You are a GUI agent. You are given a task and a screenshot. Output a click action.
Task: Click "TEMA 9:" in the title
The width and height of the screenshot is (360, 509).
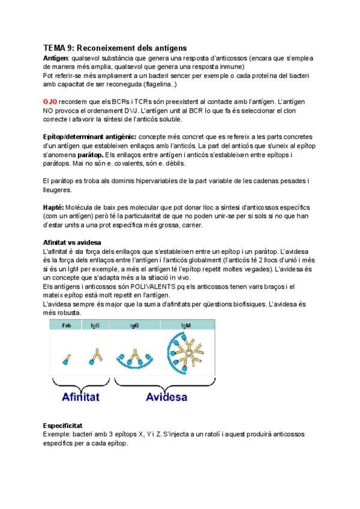click(x=59, y=47)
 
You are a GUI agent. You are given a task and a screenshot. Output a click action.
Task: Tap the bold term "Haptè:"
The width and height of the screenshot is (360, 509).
click(x=56, y=206)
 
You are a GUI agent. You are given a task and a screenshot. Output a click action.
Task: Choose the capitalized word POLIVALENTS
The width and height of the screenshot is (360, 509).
click(x=143, y=286)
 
